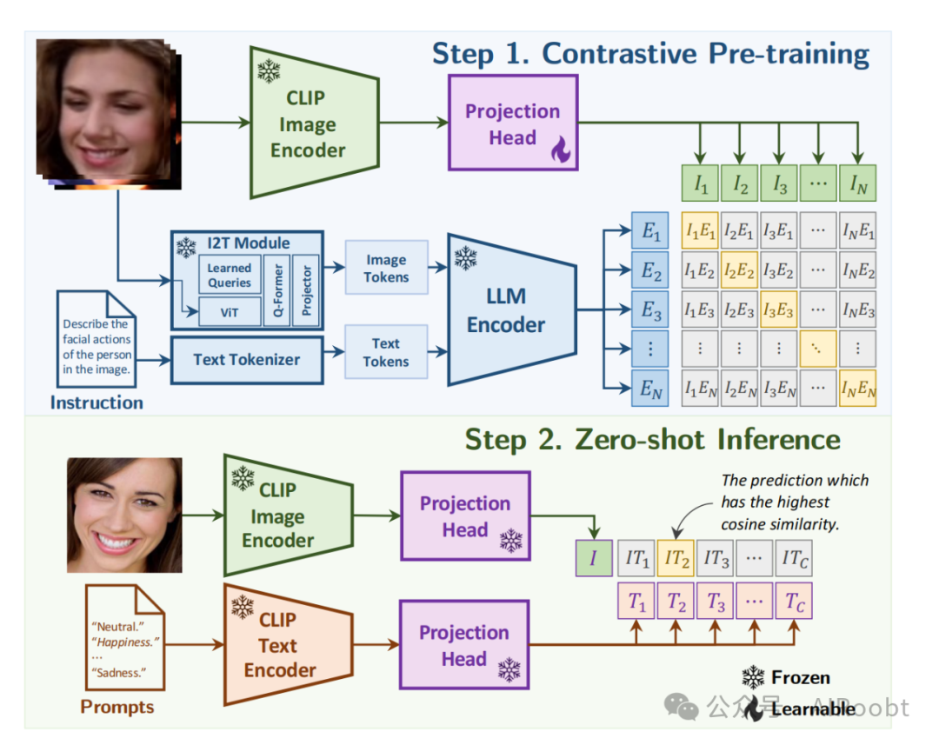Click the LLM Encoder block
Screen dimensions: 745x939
click(x=509, y=310)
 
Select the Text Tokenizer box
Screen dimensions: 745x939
click(x=246, y=359)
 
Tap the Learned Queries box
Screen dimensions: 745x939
click(x=230, y=275)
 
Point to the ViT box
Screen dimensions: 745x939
click(x=230, y=311)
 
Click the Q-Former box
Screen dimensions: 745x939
click(x=277, y=290)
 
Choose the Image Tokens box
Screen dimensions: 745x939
click(x=386, y=268)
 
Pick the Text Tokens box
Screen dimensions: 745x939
click(x=386, y=352)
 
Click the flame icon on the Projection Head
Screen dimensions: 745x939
click(x=560, y=151)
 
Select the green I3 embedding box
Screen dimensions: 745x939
click(x=779, y=183)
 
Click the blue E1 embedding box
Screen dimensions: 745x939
click(x=650, y=230)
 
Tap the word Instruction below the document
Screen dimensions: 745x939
click(x=97, y=402)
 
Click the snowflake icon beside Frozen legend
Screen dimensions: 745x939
click(x=753, y=677)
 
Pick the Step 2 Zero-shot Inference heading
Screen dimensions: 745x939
click(x=652, y=439)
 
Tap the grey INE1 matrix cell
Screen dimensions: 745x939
click(x=857, y=230)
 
